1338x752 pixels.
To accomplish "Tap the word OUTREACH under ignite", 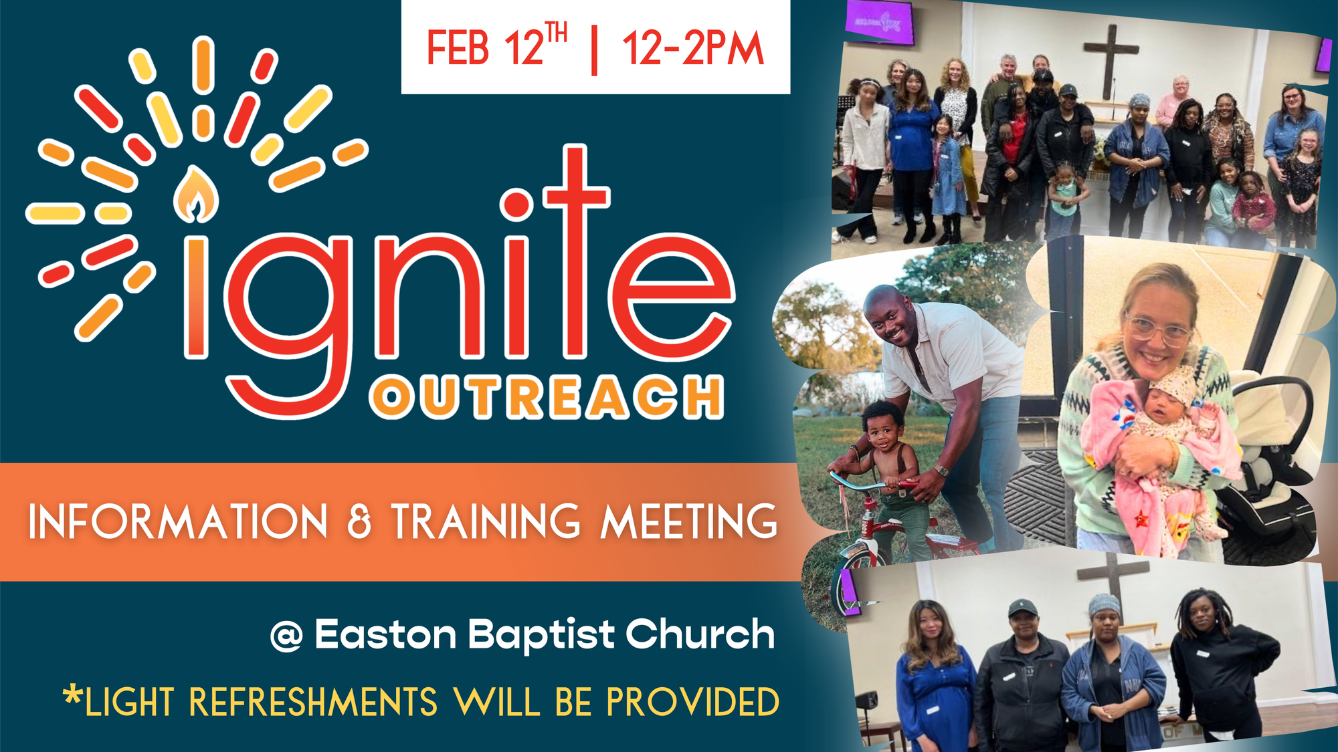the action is point(547,398).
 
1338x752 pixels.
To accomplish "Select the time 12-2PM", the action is point(693,48).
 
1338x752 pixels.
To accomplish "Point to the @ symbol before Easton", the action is point(286,636).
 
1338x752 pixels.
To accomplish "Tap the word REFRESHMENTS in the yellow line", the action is point(313,702).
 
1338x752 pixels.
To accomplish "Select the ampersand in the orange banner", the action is point(359,522).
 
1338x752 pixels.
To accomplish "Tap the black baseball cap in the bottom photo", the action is point(1023,608).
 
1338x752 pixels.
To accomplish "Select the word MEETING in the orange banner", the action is point(690,521).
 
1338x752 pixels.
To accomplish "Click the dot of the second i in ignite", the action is point(516,205).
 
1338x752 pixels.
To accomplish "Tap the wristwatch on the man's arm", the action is point(942,470).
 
